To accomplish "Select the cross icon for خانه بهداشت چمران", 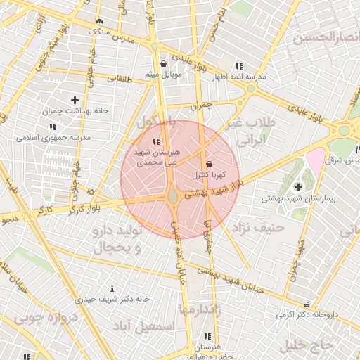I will click(x=75, y=101).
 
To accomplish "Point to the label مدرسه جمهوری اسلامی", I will click(x=53, y=138).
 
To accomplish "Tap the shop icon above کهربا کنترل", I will click(x=209, y=163).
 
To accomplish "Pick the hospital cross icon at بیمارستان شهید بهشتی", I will click(x=299, y=187).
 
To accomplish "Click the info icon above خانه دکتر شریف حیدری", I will click(x=112, y=288).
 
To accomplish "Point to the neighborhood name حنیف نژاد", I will click(x=261, y=227).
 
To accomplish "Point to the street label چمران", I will click(x=200, y=106).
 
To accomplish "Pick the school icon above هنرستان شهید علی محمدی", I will click(x=155, y=141).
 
